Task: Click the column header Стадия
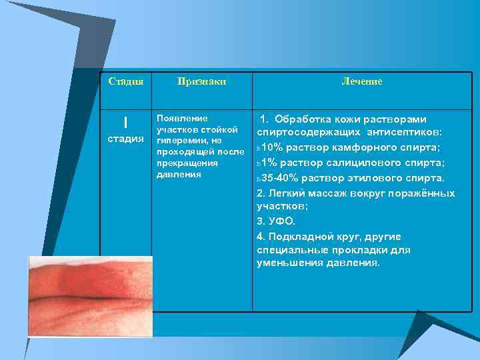126,81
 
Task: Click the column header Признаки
202,81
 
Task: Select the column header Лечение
361,81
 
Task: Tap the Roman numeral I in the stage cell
125,123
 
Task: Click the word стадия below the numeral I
125,139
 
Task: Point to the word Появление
177,117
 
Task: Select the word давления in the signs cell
179,175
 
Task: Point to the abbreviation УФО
283,221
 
